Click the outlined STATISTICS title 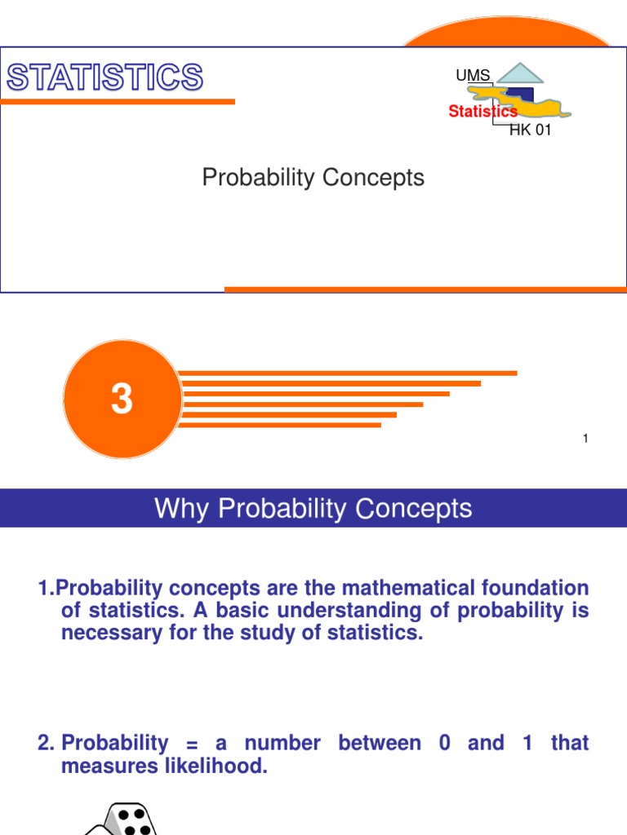(104, 78)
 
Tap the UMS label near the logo (473, 76)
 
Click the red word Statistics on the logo (482, 112)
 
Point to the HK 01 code (531, 130)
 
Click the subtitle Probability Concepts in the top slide (313, 178)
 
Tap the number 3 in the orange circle (122, 400)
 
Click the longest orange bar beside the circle (348, 373)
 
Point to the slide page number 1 (585, 439)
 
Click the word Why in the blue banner (177, 509)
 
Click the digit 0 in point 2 (445, 744)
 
